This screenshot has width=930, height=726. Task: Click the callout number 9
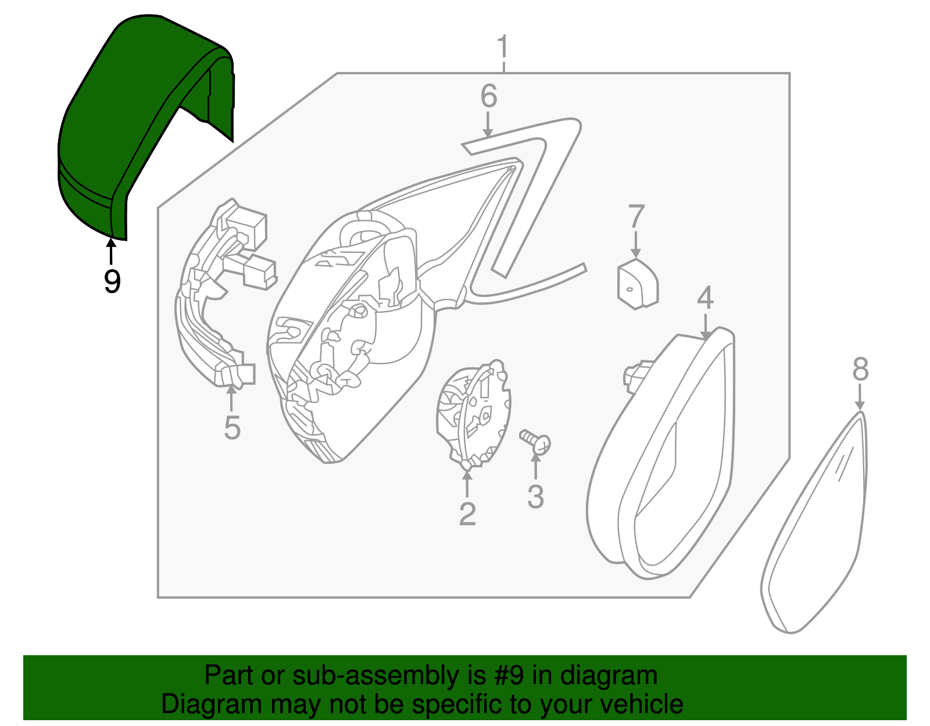point(112,281)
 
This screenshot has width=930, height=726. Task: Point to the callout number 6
point(488,96)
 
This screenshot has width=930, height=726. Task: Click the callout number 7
point(636,217)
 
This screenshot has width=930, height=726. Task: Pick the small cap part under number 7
point(637,284)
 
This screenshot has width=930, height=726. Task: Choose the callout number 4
point(705,298)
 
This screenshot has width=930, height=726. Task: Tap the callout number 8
point(860,369)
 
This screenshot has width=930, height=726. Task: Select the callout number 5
point(232,428)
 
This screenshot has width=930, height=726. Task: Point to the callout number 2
point(467,514)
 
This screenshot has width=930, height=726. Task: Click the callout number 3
point(535,497)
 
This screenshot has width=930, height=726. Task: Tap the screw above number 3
point(535,442)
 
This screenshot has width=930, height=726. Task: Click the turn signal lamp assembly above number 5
point(218,296)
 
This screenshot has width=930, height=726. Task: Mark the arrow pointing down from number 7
point(636,245)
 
